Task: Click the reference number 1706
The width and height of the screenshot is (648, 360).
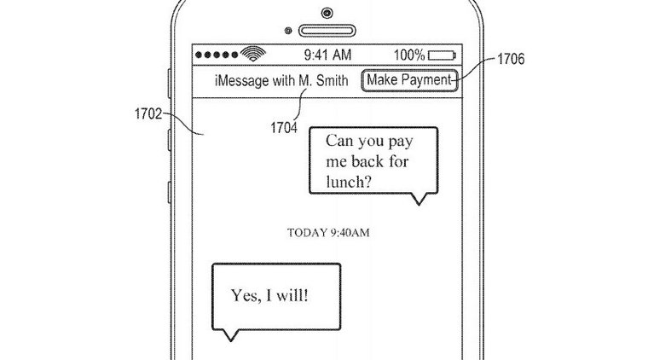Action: [x=507, y=60]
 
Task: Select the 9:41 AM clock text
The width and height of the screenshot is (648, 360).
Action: [x=327, y=55]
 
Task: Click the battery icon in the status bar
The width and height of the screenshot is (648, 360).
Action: [x=443, y=55]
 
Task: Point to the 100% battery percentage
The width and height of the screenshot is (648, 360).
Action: [x=409, y=55]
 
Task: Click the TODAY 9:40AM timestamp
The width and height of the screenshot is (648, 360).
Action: [x=327, y=232]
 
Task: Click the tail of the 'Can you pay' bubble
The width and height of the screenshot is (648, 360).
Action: [x=417, y=200]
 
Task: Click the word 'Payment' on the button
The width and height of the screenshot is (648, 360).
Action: [x=426, y=80]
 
